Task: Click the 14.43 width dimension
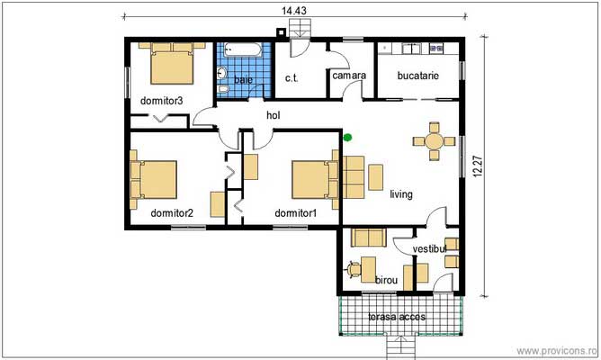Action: click(x=293, y=10)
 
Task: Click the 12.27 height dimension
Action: click(x=476, y=166)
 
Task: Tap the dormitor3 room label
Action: click(x=162, y=101)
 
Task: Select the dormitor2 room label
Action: click(x=172, y=213)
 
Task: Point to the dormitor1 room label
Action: click(x=296, y=213)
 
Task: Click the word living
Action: click(x=401, y=193)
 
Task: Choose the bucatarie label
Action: click(x=417, y=76)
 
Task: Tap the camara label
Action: click(x=348, y=76)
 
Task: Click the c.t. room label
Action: click(x=292, y=79)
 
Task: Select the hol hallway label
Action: click(x=274, y=115)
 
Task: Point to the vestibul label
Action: click(x=429, y=247)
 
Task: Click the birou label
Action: click(x=386, y=281)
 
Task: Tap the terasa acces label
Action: click(x=397, y=317)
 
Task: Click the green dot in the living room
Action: click(x=347, y=138)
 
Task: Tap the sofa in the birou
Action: click(x=367, y=238)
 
